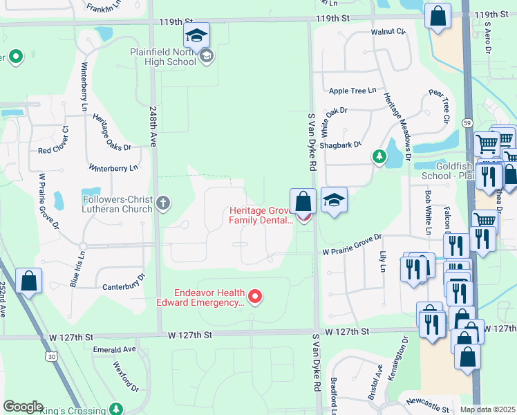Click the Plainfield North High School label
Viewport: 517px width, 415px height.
click(163, 57)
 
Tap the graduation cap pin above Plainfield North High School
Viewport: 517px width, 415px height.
click(197, 35)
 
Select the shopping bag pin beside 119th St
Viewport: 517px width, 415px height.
click(438, 17)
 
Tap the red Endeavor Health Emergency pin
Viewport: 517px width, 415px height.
click(255, 297)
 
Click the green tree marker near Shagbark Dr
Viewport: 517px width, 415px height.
click(379, 157)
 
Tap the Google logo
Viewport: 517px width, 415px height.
click(23, 407)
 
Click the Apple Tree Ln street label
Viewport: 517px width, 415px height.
click(352, 91)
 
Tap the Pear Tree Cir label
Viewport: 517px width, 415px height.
click(440, 107)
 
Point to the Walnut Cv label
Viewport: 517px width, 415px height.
click(388, 32)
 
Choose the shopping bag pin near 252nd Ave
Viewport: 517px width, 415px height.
click(28, 282)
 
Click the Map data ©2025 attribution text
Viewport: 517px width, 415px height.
click(487, 409)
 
